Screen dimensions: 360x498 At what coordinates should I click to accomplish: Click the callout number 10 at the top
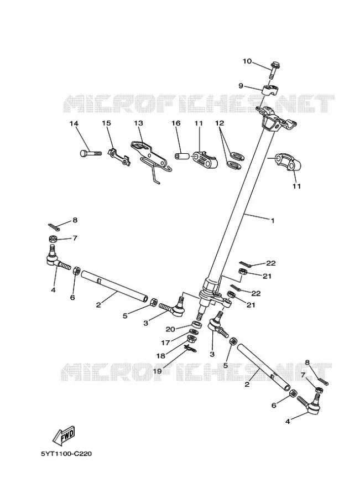tap(247, 61)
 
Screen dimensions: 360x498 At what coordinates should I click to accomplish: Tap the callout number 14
tap(74, 123)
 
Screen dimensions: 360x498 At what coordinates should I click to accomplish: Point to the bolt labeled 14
tap(91, 153)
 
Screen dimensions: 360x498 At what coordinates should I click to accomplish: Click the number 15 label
tap(106, 123)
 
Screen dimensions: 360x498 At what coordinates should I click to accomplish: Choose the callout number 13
tap(138, 123)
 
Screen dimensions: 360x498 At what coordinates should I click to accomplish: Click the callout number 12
tap(220, 123)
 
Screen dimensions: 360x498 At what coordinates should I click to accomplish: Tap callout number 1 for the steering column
tap(272, 220)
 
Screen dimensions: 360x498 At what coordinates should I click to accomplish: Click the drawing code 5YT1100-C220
tap(66, 454)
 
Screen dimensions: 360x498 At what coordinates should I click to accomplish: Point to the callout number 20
tap(170, 329)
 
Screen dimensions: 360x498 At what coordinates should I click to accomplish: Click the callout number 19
tap(158, 371)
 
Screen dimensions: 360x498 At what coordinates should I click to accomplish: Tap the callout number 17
tap(165, 343)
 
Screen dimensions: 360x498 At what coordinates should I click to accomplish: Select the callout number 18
tap(161, 356)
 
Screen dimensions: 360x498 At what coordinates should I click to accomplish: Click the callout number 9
tap(241, 86)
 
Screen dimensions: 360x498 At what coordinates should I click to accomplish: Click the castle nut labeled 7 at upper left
tap(53, 238)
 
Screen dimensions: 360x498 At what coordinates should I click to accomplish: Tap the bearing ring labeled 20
tap(196, 325)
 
